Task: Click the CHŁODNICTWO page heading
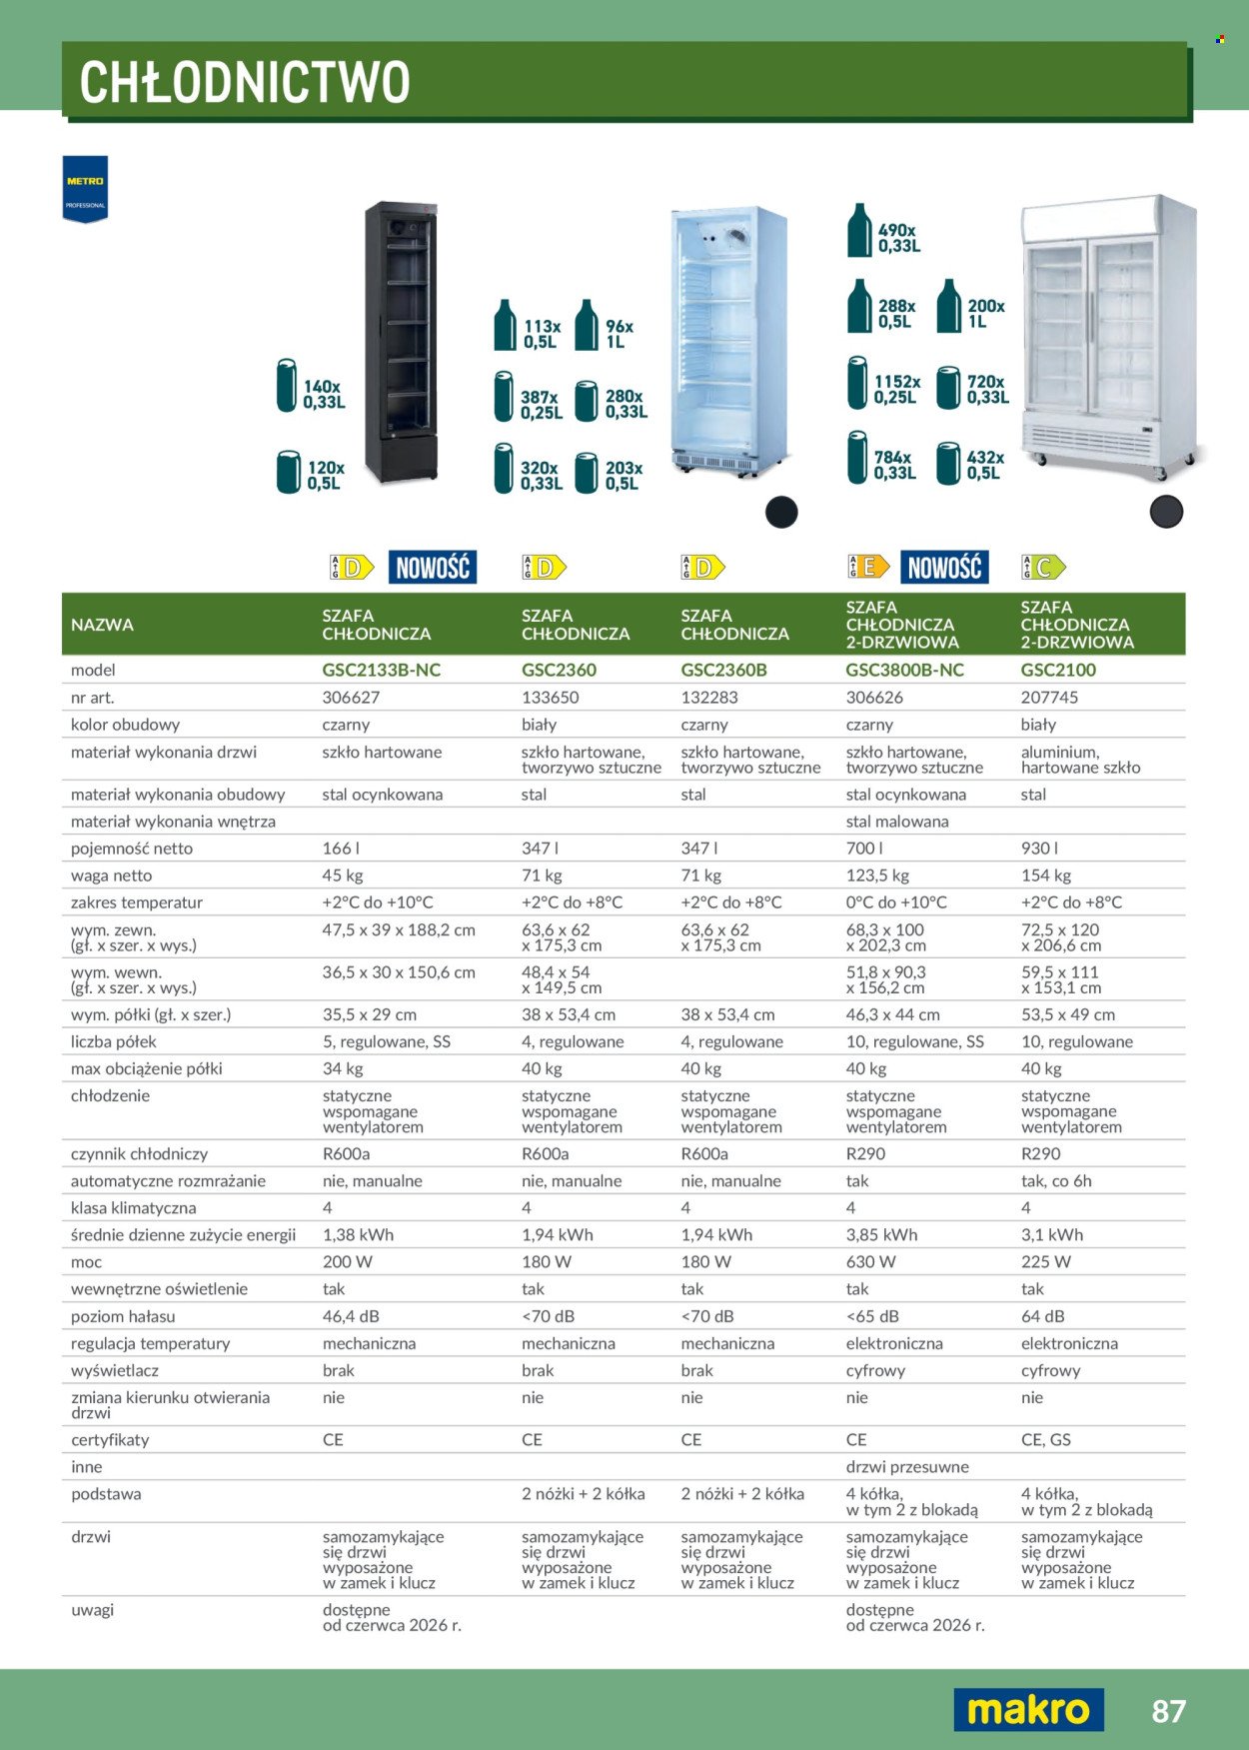point(245,82)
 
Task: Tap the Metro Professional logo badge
point(85,189)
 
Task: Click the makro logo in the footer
point(1028,1709)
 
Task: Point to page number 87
point(1168,1711)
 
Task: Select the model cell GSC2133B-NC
point(381,670)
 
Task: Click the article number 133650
point(550,698)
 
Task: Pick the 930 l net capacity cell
point(1039,849)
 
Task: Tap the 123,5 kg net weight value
point(877,875)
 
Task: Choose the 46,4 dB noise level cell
point(351,1316)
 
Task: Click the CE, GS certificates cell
point(1045,1440)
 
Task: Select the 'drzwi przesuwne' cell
point(907,1467)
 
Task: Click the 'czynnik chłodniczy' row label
point(140,1154)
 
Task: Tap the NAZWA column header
point(102,625)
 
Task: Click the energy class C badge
point(1043,568)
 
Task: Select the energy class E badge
point(868,568)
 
